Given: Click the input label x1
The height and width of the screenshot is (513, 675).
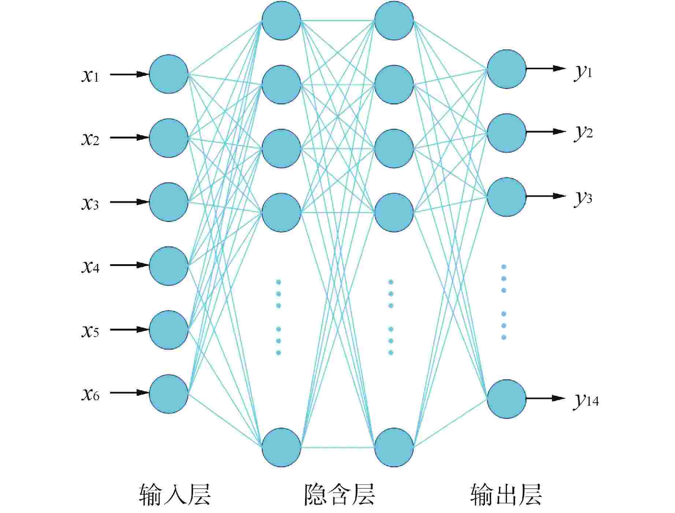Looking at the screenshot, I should (90, 76).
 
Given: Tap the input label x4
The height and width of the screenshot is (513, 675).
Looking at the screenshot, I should (90, 267).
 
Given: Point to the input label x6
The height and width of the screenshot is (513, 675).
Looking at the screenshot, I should (90, 394).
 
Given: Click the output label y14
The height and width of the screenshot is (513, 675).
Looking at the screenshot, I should (586, 401).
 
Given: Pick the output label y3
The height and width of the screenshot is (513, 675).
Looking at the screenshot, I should (583, 198).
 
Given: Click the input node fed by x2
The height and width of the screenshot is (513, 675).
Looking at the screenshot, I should (169, 138).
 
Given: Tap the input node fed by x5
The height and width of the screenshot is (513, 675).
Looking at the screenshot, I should (169, 330).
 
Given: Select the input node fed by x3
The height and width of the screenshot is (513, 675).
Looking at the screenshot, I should (169, 202).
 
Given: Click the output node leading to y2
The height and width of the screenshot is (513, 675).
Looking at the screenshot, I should (507, 133).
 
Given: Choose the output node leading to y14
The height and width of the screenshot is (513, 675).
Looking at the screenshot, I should (507, 399).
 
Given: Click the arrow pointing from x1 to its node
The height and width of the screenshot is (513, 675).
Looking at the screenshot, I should (130, 74).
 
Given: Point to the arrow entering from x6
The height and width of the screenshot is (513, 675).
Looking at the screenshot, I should (130, 393).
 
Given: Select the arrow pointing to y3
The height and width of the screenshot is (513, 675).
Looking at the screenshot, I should (546, 196).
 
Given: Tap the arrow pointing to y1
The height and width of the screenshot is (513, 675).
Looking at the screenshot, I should (546, 68).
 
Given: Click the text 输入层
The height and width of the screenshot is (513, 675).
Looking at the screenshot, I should (175, 495).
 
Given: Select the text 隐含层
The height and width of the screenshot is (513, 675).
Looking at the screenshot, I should (340, 495).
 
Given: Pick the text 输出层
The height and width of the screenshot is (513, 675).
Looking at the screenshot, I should (506, 495).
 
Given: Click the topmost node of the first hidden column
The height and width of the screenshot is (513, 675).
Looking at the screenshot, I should (281, 21).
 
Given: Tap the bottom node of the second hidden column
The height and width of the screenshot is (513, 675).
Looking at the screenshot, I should (394, 447).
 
